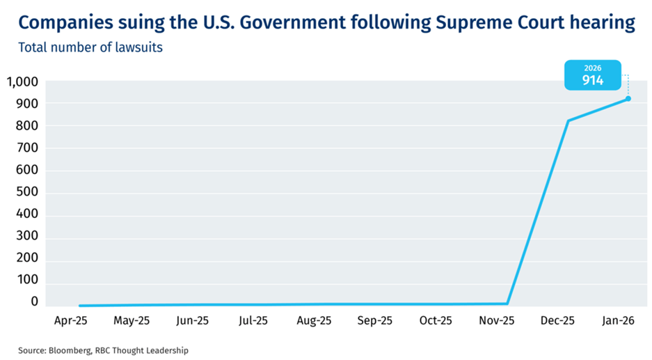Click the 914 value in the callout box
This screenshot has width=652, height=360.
[x=592, y=80]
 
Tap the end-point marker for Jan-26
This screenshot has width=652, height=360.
[x=628, y=98]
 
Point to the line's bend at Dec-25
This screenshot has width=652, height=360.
[x=568, y=121]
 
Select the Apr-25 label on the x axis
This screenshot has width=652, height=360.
[x=70, y=321]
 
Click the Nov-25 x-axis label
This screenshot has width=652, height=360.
[x=497, y=321]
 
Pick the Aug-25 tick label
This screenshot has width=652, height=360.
[x=314, y=321]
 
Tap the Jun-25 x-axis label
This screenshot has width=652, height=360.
[x=192, y=321]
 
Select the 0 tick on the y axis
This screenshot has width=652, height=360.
[x=34, y=302]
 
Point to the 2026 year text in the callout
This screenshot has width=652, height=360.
[x=592, y=68]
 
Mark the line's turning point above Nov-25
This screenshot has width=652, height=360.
[x=507, y=304]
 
